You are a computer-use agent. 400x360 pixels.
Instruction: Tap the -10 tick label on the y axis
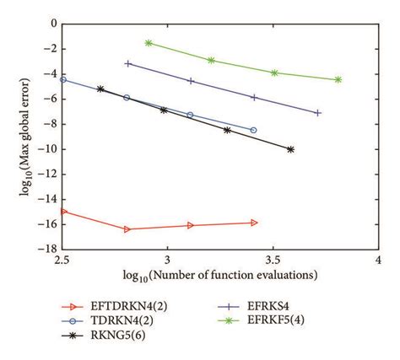coord(47,149)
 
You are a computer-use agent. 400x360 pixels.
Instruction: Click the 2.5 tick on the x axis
coord(62,261)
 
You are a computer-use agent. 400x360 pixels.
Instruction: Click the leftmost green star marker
coord(149,42)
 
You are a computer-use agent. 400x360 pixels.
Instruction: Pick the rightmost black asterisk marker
coord(290,149)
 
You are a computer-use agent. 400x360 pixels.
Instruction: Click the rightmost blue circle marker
coord(253,130)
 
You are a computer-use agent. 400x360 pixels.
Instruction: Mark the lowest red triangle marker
coord(127,229)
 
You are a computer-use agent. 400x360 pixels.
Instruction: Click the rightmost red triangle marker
coord(254,223)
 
